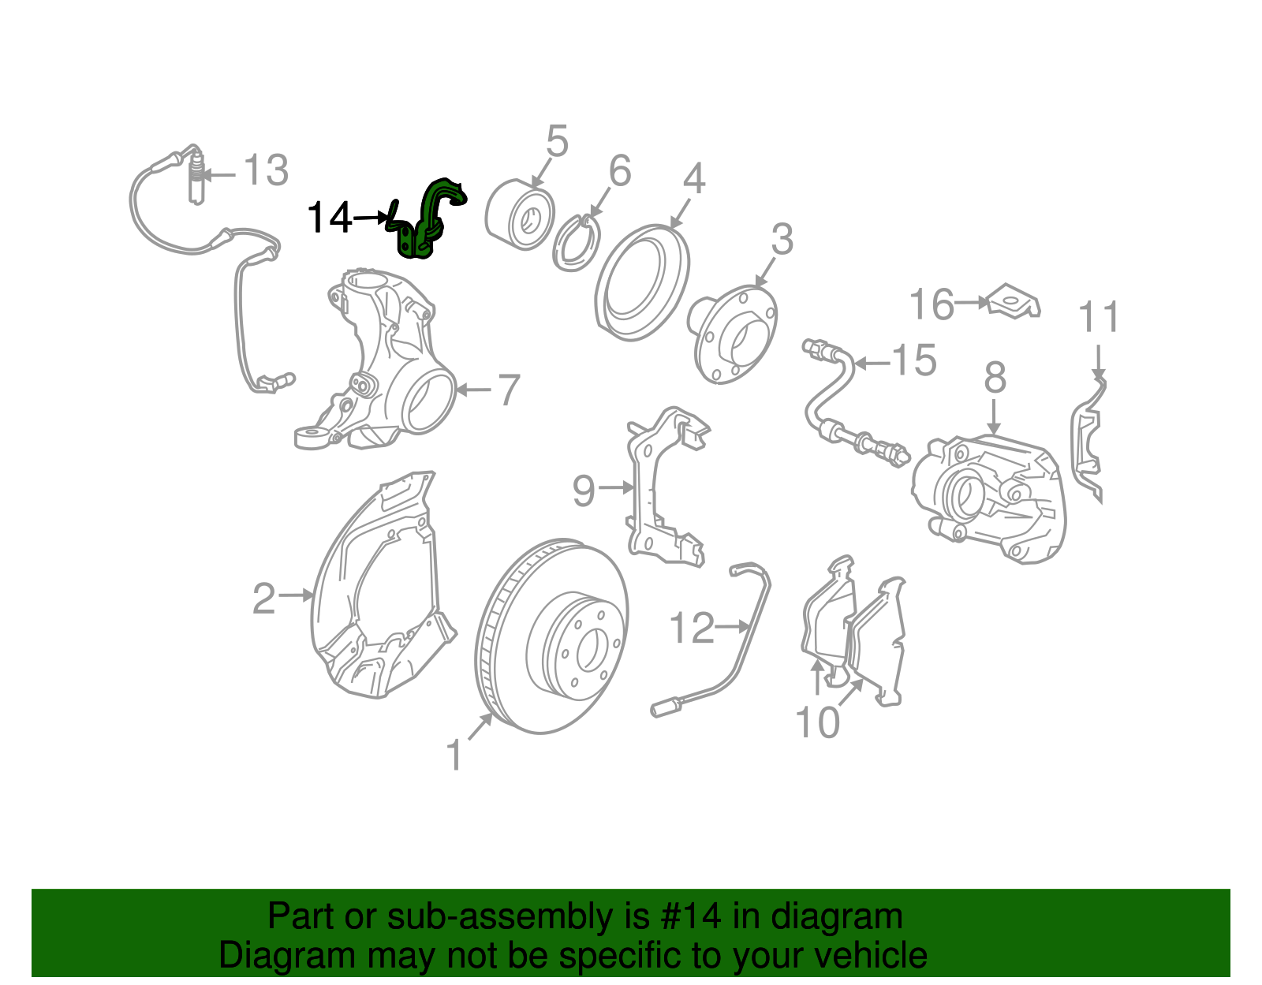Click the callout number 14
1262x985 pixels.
pos(329,218)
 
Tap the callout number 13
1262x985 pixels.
pos(266,171)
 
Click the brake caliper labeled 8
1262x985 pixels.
pos(990,497)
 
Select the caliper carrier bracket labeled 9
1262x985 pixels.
pos(663,489)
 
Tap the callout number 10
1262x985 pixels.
pos(818,722)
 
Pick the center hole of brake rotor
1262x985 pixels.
pos(588,651)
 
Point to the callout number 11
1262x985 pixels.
pos(1098,318)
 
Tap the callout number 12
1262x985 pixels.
pos(692,629)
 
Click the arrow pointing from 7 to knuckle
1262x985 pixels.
pos(473,390)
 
